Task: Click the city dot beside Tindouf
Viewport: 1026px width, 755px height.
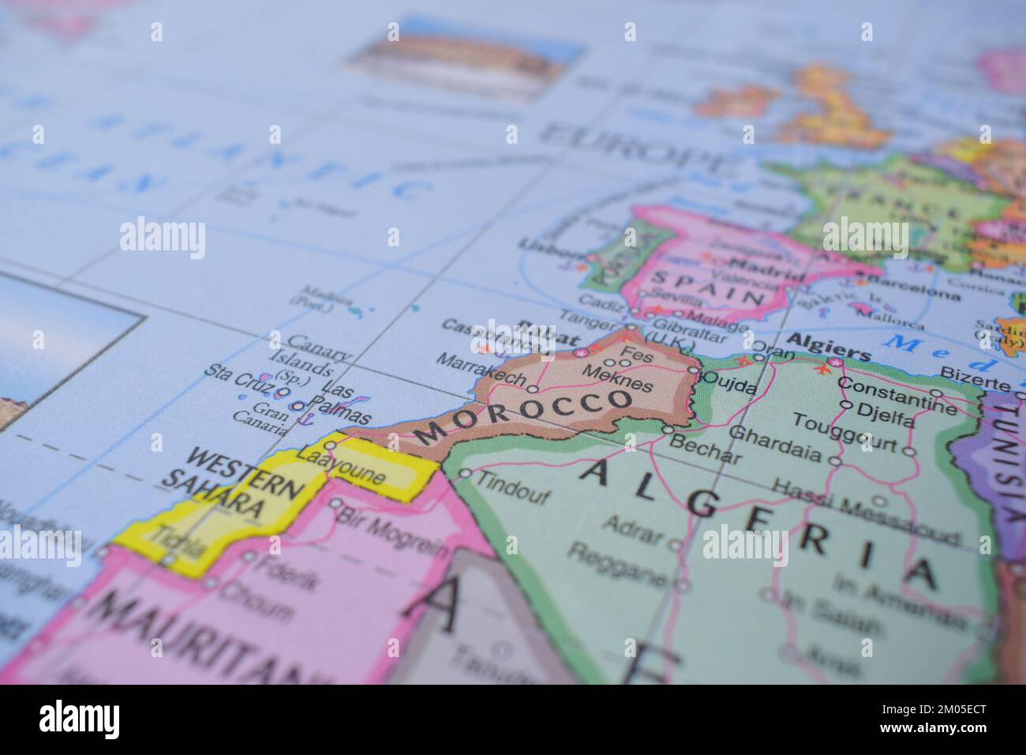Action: click(x=465, y=474)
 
